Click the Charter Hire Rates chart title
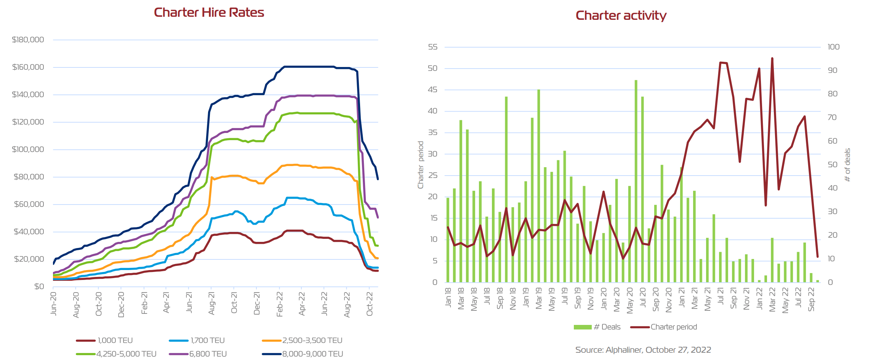[x=209, y=13]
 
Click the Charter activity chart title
[x=621, y=16]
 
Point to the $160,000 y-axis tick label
[x=28, y=67]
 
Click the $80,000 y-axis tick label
[x=29, y=177]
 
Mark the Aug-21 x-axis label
[x=211, y=304]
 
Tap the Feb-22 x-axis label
[x=279, y=304]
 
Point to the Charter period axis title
[x=421, y=165]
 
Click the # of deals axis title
[x=847, y=165]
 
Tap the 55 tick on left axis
[x=432, y=47]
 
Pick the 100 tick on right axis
[x=833, y=47]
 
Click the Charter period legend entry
[x=664, y=327]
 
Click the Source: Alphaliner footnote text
[x=643, y=350]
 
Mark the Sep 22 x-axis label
[x=811, y=299]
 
